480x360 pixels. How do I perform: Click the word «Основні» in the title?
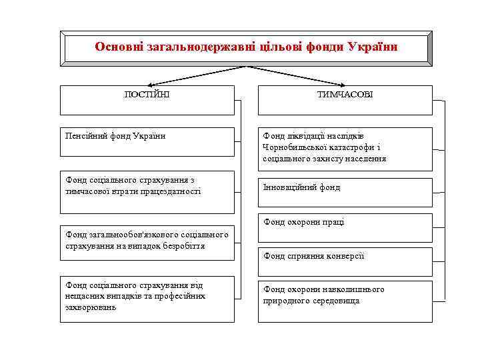coord(116,47)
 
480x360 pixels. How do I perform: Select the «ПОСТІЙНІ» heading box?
coord(147,99)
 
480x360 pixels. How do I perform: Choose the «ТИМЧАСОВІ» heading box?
coord(345,99)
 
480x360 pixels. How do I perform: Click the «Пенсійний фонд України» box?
coord(147,141)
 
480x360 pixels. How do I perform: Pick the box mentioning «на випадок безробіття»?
coord(147,240)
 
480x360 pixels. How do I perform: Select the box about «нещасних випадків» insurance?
coord(147,298)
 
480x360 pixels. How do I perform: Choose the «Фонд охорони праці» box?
coord(345,227)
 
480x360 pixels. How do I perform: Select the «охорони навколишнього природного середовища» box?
coord(345,299)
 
